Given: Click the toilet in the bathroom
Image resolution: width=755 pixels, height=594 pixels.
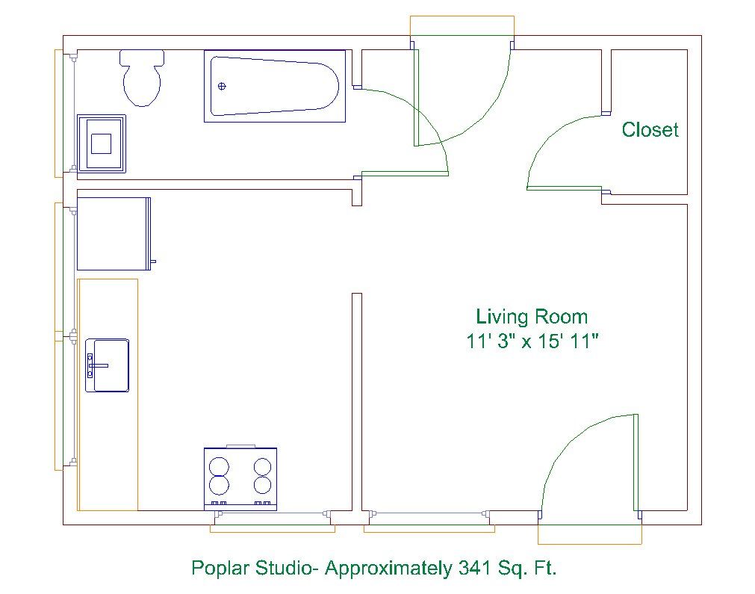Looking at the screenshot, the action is [142, 78].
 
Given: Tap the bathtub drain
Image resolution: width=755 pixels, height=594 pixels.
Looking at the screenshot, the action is [222, 86].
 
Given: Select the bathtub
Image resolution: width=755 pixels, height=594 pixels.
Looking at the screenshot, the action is [275, 86].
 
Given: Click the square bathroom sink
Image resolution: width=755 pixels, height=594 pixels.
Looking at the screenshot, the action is [102, 143].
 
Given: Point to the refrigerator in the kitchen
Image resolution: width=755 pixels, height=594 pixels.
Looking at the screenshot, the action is [114, 234].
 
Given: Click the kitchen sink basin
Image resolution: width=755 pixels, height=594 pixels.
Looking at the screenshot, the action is [111, 365].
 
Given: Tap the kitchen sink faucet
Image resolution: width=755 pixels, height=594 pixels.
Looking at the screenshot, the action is [97, 365].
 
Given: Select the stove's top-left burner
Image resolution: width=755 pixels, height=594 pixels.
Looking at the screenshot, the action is [219, 466].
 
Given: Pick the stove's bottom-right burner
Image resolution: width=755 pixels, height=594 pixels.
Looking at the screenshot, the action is [262, 485].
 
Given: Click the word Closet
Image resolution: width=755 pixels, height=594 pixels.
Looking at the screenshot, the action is [650, 129].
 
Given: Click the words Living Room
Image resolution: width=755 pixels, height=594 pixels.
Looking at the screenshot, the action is [532, 317].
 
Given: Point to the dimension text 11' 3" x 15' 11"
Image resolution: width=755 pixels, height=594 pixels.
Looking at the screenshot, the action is [532, 341].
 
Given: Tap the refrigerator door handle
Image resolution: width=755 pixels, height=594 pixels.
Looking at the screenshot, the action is [154, 262].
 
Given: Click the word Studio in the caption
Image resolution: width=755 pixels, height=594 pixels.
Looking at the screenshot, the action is [283, 568].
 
